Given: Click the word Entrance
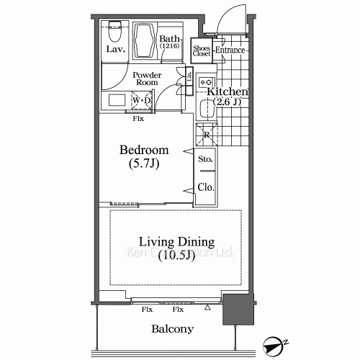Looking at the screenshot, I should click(230, 50).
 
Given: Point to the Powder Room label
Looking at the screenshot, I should click(146, 78).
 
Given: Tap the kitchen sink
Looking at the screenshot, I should click(207, 110).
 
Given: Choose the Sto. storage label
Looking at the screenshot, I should click(205, 160).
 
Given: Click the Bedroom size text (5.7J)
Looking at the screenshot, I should click(144, 165).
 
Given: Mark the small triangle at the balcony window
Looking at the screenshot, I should click(207, 307).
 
